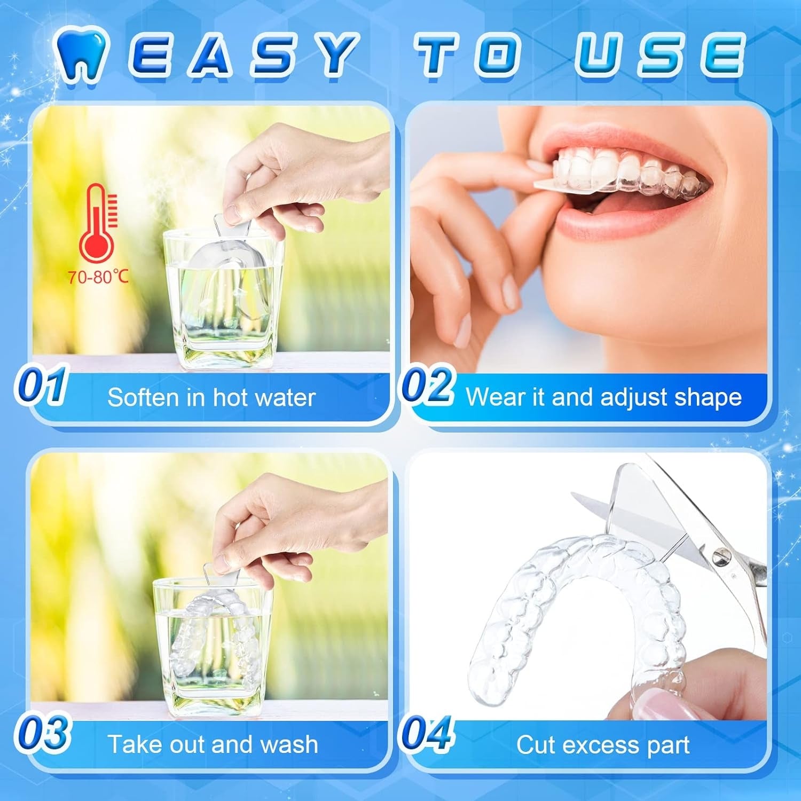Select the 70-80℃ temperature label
click(x=98, y=277)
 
